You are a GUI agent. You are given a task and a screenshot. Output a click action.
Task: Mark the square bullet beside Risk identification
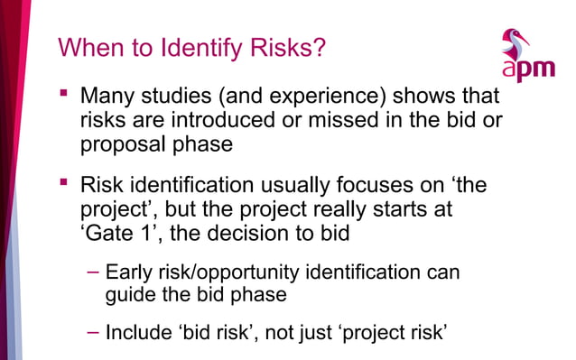[63, 184]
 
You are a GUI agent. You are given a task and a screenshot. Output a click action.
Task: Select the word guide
[128, 294]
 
